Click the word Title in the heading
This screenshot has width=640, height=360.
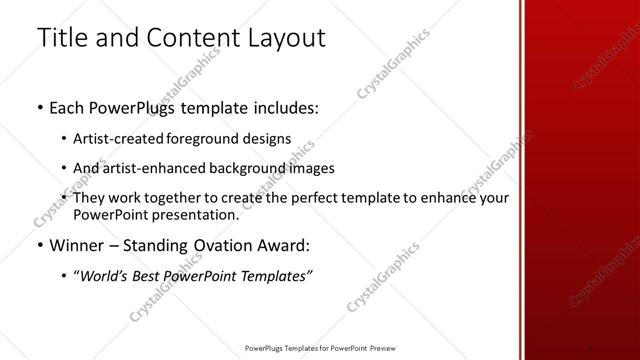[x=63, y=38]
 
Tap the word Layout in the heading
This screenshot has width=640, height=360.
[x=285, y=38]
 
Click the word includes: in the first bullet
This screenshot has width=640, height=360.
[x=283, y=108]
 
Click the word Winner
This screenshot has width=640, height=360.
[x=75, y=244]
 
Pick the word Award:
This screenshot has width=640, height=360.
[x=282, y=244]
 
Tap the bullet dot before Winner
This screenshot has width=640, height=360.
[x=38, y=245]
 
